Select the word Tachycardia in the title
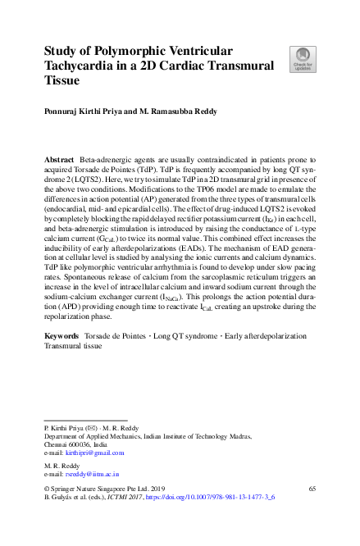[x=82, y=67]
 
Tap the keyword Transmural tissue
[x=72, y=370]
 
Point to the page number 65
[x=312, y=488]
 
